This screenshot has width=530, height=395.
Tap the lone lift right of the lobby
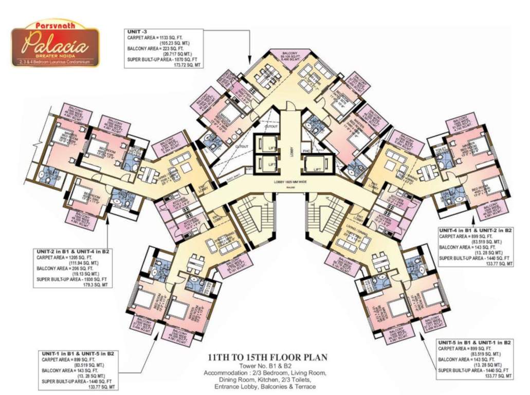tap(317, 165)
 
